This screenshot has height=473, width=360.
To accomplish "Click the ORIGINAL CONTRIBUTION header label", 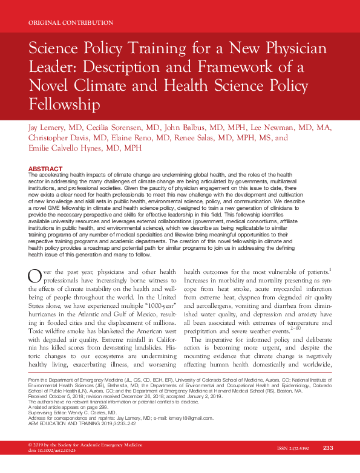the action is coord(71,23).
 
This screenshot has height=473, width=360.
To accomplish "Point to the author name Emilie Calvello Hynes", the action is coord(69,149).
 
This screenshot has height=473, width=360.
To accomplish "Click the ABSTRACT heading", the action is coord(45,168).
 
